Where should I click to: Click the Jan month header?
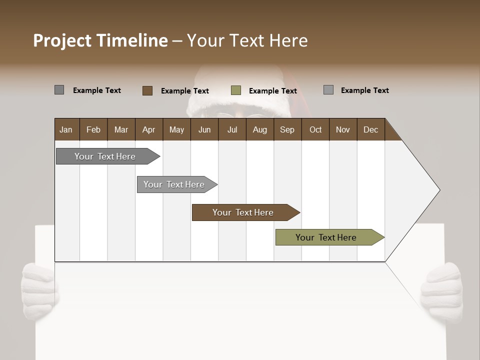(x=66, y=129)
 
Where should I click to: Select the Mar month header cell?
(x=121, y=129)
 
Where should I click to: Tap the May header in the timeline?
(x=176, y=129)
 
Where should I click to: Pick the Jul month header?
(x=232, y=129)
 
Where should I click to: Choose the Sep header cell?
(x=287, y=129)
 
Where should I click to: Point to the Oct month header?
(x=315, y=129)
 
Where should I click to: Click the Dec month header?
(x=370, y=129)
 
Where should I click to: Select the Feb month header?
(x=93, y=129)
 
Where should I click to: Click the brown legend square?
(x=147, y=90)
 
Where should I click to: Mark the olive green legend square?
(x=236, y=90)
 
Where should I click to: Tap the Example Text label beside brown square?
(x=184, y=91)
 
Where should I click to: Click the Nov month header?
(x=342, y=129)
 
